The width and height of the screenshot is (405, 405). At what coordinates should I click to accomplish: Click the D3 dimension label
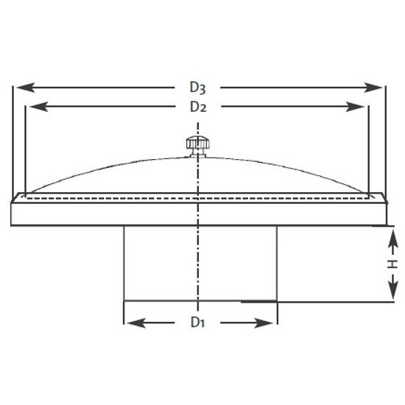pyautogui.click(x=197, y=88)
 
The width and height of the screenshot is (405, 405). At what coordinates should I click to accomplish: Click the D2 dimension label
pyautogui.click(x=197, y=107)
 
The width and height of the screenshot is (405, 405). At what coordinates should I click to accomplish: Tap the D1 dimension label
pyautogui.click(x=197, y=322)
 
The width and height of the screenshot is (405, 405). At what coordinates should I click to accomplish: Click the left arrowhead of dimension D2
pyautogui.click(x=34, y=107)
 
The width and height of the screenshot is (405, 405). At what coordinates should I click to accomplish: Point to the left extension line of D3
pyautogui.click(x=13, y=140)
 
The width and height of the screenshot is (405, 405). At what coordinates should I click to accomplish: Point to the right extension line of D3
pyautogui.click(x=384, y=140)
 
